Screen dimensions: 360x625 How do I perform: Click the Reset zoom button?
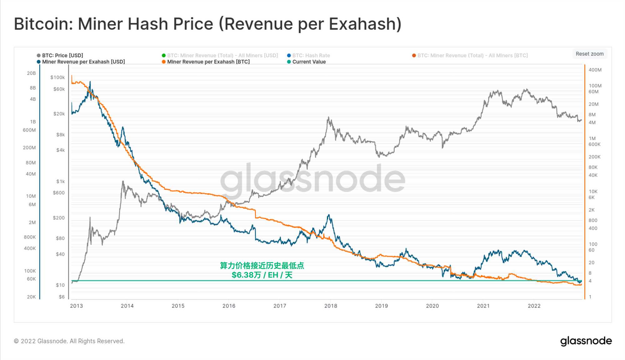(x=589, y=54)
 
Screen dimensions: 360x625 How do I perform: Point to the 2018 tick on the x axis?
(x=331, y=306)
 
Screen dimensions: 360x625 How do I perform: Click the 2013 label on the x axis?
(x=76, y=306)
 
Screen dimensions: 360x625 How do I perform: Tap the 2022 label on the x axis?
(x=534, y=306)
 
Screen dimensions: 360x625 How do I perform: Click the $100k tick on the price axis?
(x=57, y=77)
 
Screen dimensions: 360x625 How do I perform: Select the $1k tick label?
(x=60, y=182)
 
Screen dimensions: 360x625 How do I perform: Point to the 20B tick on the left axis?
(x=31, y=73)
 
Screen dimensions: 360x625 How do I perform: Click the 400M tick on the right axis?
(x=595, y=70)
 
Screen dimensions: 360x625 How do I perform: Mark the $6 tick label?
(x=62, y=297)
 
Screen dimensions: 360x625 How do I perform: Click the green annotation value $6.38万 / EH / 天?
(x=262, y=275)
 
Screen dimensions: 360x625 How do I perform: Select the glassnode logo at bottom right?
(x=586, y=341)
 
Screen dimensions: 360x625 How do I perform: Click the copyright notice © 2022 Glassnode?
(x=69, y=341)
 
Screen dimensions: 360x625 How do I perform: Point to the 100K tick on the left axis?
(x=30, y=271)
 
